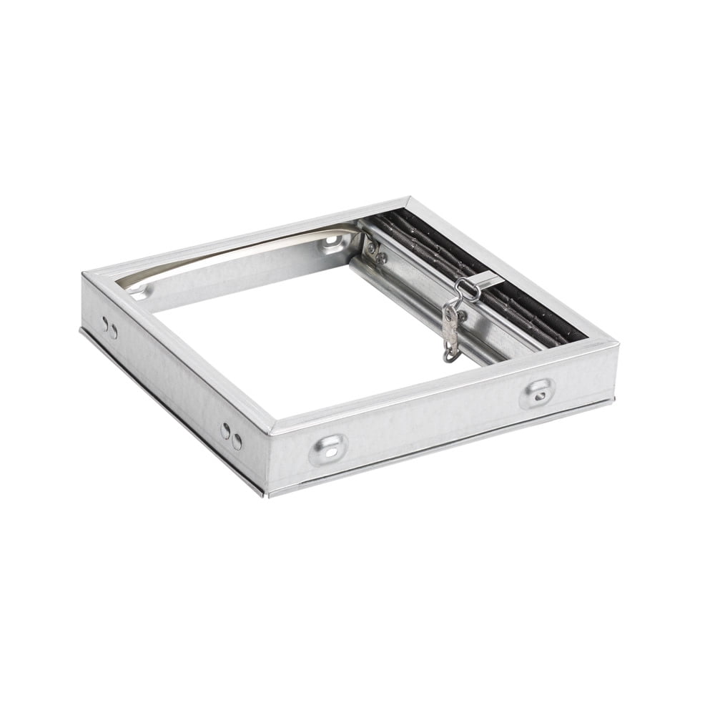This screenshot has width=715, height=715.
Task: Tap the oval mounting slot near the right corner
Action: (539, 391)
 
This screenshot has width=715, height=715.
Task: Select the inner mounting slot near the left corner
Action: (141, 291)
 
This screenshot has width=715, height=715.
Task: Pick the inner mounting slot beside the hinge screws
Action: (330, 244)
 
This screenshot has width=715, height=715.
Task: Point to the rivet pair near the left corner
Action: (109, 329)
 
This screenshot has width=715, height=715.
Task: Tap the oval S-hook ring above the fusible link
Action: (466, 290)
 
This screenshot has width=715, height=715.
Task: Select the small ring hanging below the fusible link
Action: (450, 352)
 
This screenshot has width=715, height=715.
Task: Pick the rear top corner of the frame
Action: (409, 199)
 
